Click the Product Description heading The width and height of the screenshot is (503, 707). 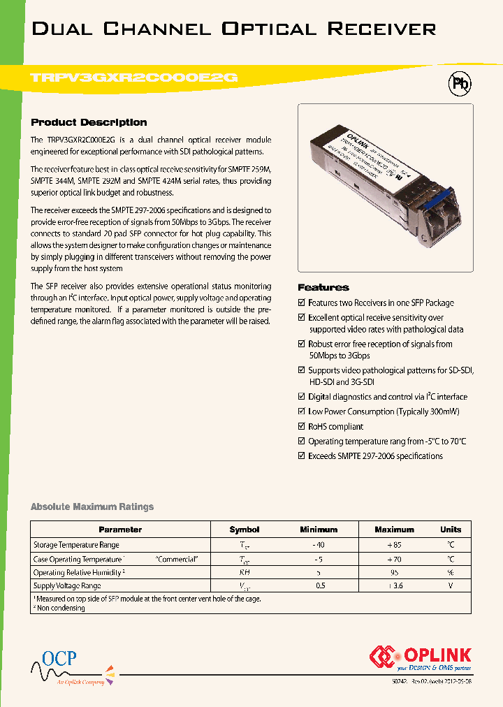pyautogui.click(x=89, y=122)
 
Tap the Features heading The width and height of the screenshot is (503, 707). pyautogui.click(x=323, y=287)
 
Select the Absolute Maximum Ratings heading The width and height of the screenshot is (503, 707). pyautogui.click(x=92, y=506)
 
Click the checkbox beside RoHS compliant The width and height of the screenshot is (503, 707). pyautogui.click(x=301, y=426)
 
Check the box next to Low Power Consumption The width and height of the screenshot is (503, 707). pyautogui.click(x=301, y=411)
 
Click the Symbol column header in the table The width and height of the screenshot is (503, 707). pyautogui.click(x=244, y=530)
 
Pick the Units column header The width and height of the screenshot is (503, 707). pyautogui.click(x=451, y=530)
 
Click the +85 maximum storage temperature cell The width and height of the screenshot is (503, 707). pyautogui.click(x=394, y=545)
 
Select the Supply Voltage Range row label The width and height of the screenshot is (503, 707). pyautogui.click(x=67, y=586)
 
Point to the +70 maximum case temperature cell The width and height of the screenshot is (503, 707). pyautogui.click(x=394, y=559)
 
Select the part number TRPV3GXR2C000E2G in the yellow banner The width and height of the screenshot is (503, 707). pyautogui.click(x=135, y=79)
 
